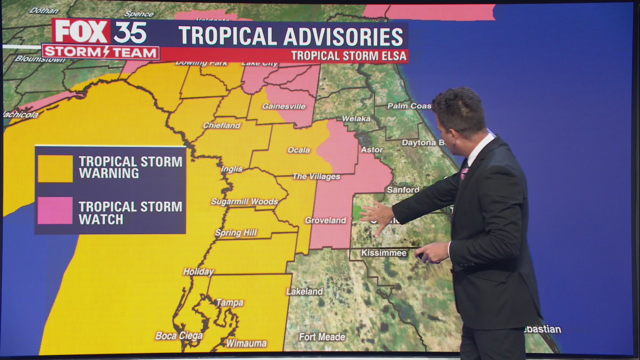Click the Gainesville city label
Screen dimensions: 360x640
(x=283, y=106)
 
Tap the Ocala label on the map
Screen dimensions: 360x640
(x=298, y=150)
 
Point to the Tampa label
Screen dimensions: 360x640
(x=229, y=302)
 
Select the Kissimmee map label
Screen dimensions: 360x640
(x=383, y=253)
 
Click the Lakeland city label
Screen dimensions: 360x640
(x=304, y=291)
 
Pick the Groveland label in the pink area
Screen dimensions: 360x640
(x=325, y=220)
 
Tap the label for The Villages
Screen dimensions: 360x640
(x=316, y=176)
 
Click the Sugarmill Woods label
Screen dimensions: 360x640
(x=244, y=202)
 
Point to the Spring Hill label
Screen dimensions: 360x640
(x=235, y=233)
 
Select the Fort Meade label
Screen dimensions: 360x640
(x=322, y=337)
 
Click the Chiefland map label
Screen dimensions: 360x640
(x=221, y=125)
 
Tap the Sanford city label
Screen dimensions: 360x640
(x=403, y=190)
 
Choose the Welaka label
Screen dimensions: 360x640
(x=356, y=118)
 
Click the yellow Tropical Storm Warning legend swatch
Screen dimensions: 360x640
(x=55, y=168)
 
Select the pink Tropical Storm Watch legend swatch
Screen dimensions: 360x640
(x=55, y=210)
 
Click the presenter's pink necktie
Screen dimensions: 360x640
(x=464, y=170)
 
